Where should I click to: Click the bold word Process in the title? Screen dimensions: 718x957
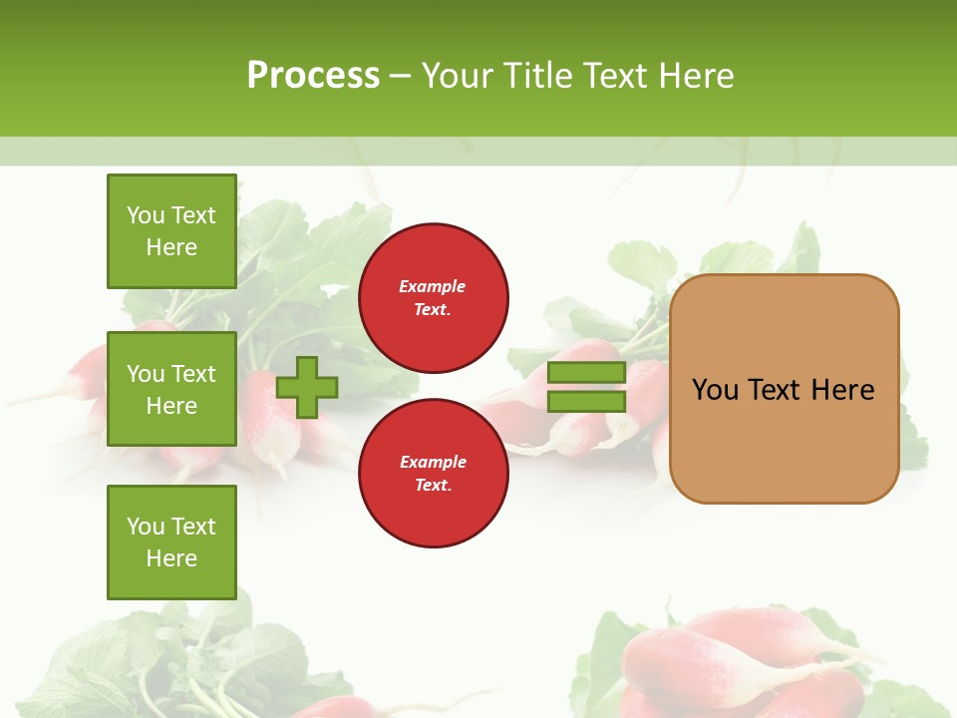pyautogui.click(x=313, y=75)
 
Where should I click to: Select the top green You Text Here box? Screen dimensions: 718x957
pyautogui.click(x=171, y=231)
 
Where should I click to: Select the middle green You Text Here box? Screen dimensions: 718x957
pyautogui.click(x=171, y=389)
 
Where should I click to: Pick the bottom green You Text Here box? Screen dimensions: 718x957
pyautogui.click(x=171, y=542)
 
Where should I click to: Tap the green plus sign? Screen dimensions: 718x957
pyautogui.click(x=307, y=387)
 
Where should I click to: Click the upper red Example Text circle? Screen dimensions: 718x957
pyautogui.click(x=433, y=298)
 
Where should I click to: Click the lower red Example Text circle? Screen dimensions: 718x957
pyautogui.click(x=433, y=474)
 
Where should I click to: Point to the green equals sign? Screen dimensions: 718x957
pyautogui.click(x=586, y=387)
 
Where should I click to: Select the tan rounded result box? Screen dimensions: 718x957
pyautogui.click(x=784, y=389)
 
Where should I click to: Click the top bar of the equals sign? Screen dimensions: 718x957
pyautogui.click(x=586, y=372)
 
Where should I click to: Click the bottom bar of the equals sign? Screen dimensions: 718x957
pyautogui.click(x=586, y=402)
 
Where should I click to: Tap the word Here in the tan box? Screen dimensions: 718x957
pyautogui.click(x=843, y=390)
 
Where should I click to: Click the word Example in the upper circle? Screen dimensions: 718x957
pyautogui.click(x=433, y=286)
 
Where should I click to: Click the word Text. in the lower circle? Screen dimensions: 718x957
pyautogui.click(x=433, y=486)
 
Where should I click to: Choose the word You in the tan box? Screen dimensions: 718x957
pyautogui.click(x=716, y=390)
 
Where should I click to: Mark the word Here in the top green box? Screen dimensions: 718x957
pyautogui.click(x=171, y=247)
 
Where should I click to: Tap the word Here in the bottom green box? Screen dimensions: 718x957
pyautogui.click(x=171, y=558)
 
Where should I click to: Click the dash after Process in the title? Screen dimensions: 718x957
pyautogui.click(x=400, y=76)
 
